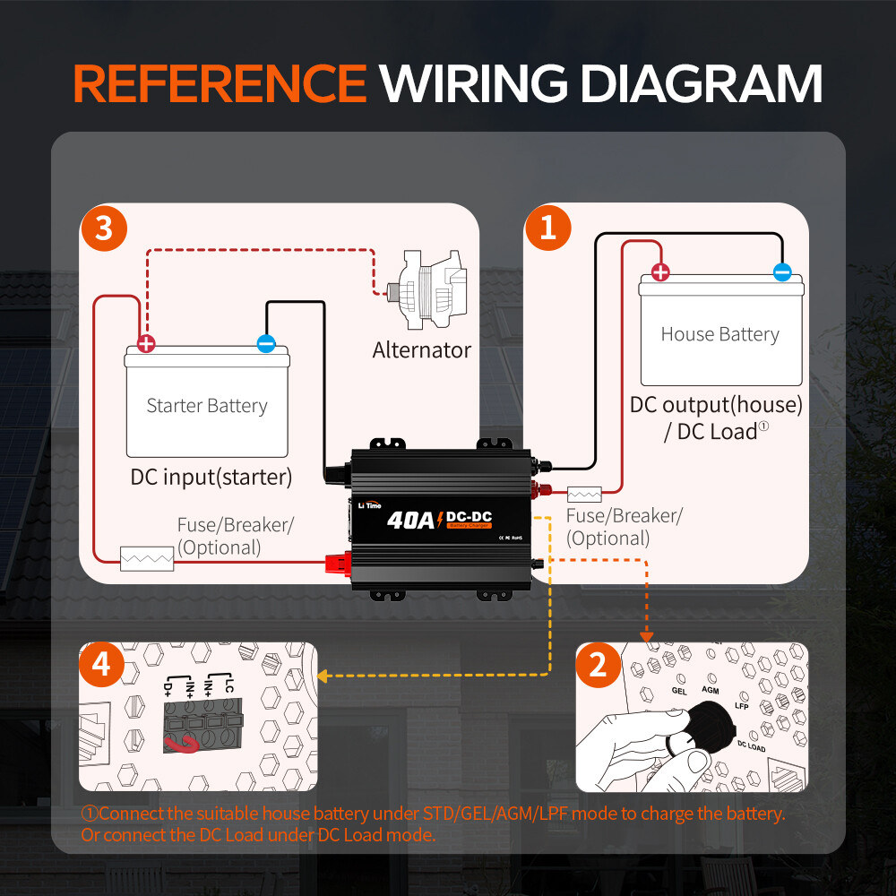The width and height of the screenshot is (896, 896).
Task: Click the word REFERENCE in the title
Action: coord(220,83)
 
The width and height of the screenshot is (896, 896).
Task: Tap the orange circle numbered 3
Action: coord(104,228)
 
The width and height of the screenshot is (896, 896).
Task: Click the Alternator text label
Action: coord(422,349)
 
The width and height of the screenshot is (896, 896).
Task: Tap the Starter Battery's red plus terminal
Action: coord(146,343)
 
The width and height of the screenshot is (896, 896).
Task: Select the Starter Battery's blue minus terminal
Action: coord(266,342)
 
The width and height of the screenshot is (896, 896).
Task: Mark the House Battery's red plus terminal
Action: coord(660,272)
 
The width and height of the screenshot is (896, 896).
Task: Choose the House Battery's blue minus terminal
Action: coord(782,271)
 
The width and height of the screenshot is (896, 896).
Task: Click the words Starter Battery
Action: coord(207,406)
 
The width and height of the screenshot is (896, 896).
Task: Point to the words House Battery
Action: coord(719,334)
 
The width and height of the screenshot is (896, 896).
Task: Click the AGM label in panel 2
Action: coord(711,691)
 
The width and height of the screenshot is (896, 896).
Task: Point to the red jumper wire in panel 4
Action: coord(182,743)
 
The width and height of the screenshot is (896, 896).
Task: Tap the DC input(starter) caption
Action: coord(211,477)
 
